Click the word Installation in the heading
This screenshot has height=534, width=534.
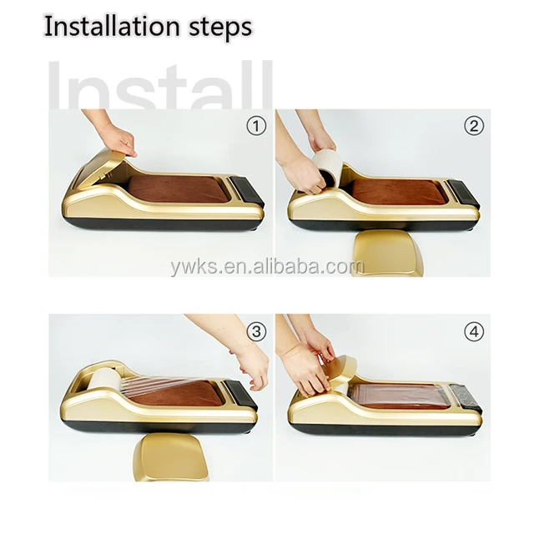[x=112, y=26]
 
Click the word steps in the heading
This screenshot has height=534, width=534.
[x=220, y=28]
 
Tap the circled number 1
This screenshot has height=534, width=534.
[x=256, y=126]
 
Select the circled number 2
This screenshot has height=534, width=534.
[x=474, y=126]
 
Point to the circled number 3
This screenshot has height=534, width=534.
[x=256, y=331]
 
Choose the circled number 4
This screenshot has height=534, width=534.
[x=474, y=331]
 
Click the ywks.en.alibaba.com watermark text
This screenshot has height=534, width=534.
[x=267, y=266]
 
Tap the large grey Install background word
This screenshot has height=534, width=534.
[x=160, y=85]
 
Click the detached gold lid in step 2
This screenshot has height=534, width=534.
[x=387, y=253]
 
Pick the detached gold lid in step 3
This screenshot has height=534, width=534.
[x=170, y=456]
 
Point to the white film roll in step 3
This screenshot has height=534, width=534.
[x=103, y=382]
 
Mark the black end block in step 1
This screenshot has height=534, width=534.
[x=248, y=191]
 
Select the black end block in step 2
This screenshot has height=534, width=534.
[x=464, y=193]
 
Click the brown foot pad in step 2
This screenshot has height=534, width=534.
[x=398, y=192]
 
